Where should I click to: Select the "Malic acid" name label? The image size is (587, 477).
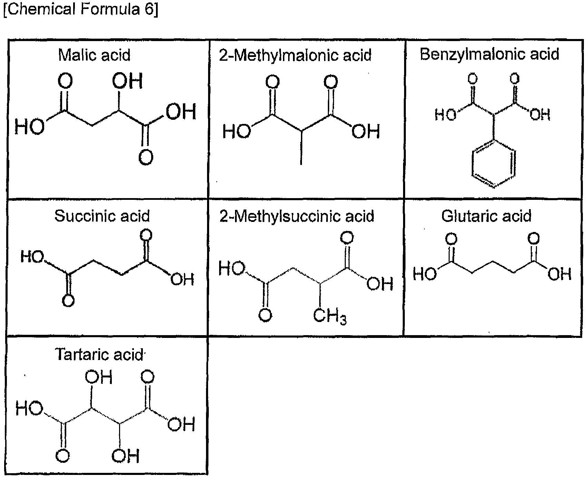click(95, 55)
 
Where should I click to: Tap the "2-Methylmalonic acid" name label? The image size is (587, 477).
click(295, 55)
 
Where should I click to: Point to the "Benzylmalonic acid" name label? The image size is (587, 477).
click(489, 55)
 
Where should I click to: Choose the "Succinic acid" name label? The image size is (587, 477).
click(102, 216)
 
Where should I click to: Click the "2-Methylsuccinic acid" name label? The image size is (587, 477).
click(297, 216)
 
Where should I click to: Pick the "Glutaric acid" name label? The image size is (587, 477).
click(487, 216)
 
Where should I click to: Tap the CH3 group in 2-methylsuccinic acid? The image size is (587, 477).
click(330, 316)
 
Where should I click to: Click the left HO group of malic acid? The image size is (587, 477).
click(30, 126)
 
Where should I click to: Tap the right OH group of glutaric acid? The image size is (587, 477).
click(560, 274)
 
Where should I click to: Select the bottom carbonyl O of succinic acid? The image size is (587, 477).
click(68, 300)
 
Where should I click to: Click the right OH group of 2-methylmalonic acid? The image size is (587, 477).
click(366, 132)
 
